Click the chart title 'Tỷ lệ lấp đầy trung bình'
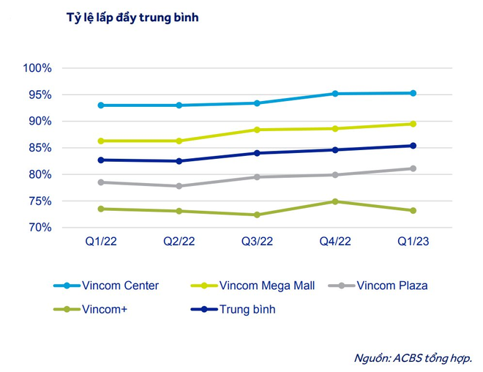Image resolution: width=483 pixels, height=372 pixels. (132, 18)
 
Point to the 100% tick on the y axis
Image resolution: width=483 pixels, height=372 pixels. (37, 68)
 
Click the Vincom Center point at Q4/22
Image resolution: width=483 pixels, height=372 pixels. (334, 94)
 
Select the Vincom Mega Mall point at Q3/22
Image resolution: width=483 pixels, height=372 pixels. (256, 130)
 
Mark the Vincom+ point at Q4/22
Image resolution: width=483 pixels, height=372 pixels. (334, 201)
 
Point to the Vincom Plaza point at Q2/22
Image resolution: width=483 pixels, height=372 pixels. (178, 186)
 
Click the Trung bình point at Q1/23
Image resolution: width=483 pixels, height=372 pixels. (413, 146)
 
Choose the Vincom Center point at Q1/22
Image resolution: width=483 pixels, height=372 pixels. (100, 105)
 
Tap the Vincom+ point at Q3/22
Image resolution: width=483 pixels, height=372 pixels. (256, 215)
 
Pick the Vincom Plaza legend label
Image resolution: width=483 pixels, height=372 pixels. (392, 286)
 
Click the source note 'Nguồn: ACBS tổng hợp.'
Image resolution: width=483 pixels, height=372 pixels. (413, 357)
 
